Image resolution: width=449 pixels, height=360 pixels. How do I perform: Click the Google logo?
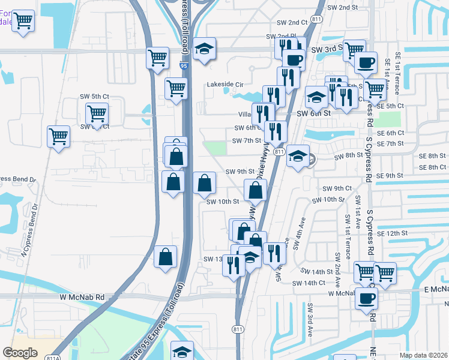(20, 353)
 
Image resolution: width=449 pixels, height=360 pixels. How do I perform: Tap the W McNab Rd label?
(82, 296)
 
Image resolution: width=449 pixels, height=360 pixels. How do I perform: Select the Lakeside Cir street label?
(225, 85)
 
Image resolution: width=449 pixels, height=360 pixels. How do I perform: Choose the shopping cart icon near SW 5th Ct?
(96, 112)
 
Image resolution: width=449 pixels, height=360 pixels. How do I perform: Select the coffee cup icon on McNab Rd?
(366, 298)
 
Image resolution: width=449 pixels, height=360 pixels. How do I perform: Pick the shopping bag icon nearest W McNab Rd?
(166, 257)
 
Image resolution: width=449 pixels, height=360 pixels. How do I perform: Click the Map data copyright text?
(424, 355)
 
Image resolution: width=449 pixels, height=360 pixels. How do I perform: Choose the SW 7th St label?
(247, 141)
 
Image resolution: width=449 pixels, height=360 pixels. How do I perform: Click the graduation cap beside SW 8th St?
(297, 157)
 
